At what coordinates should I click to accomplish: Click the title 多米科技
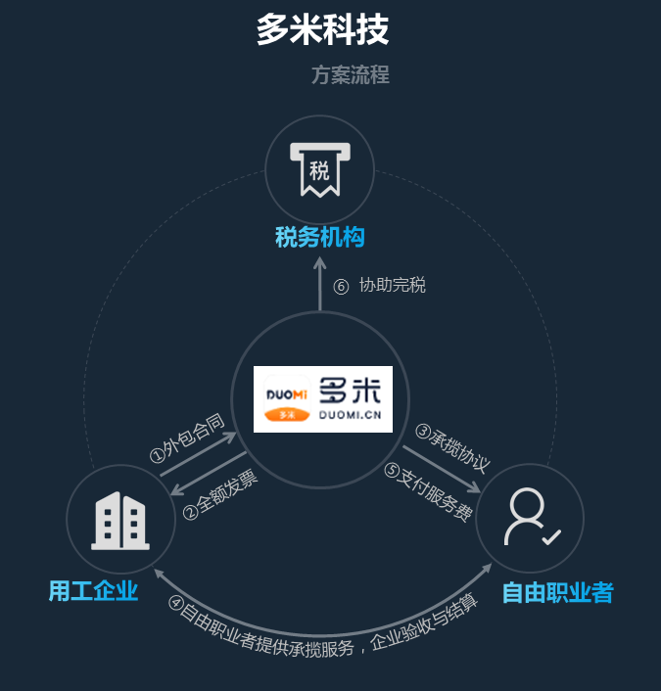point(322,29)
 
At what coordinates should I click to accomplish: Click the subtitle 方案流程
point(351,74)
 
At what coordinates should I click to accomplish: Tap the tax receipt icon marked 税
point(319,169)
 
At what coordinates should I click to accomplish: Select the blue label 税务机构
point(319,237)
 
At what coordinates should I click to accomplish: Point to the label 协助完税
point(392,285)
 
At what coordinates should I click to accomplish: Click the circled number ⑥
point(341,287)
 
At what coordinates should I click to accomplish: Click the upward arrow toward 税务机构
point(319,284)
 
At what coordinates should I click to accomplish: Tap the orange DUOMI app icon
point(287,398)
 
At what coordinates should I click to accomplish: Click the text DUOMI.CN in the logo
point(351,415)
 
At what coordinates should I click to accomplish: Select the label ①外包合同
point(187,438)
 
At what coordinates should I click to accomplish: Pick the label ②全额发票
point(220,494)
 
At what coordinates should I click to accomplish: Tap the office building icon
point(120,521)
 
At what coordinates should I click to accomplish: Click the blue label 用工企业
point(93,590)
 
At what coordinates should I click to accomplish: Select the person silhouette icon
point(526,516)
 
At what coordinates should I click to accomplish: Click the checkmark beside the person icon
point(551,536)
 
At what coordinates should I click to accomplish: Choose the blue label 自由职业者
point(558,592)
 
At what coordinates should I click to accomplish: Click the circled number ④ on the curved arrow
point(176,603)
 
